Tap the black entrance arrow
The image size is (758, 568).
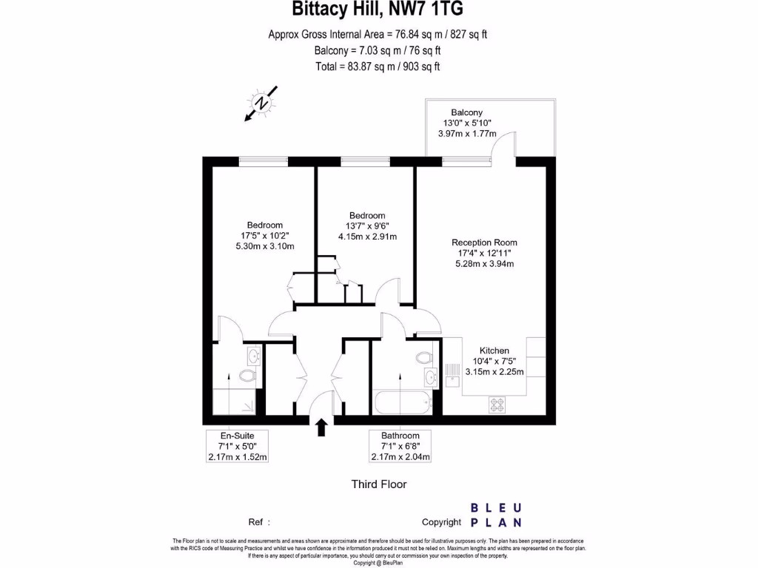pyautogui.click(x=322, y=427)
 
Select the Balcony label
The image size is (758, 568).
pyautogui.click(x=467, y=112)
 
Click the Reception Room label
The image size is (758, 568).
pyautogui.click(x=485, y=243)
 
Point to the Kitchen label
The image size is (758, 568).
pyautogui.click(x=494, y=351)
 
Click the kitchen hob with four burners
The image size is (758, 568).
pyautogui.click(x=497, y=405)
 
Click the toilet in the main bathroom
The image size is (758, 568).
pyautogui.click(x=425, y=358)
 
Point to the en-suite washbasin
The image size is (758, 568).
pyautogui.click(x=254, y=357)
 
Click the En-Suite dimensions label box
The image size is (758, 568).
pyautogui.click(x=238, y=447)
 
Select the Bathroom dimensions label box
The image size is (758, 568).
pyautogui.click(x=400, y=447)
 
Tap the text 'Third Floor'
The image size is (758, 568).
pyautogui.click(x=378, y=484)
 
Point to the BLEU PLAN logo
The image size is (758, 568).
pyautogui.click(x=497, y=515)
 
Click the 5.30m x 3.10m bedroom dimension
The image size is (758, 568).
pyautogui.click(x=265, y=246)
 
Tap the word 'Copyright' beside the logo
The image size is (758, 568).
pyautogui.click(x=446, y=521)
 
